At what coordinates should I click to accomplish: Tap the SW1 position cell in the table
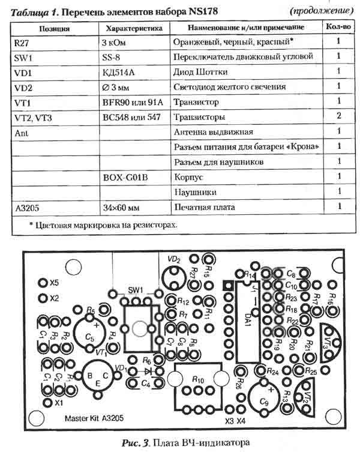click(23, 57)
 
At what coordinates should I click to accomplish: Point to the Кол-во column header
click(338, 28)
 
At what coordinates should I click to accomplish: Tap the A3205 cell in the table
click(25, 207)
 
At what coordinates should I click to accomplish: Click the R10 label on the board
click(199, 380)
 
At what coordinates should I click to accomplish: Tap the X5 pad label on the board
click(55, 282)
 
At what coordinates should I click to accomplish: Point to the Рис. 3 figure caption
click(180, 442)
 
